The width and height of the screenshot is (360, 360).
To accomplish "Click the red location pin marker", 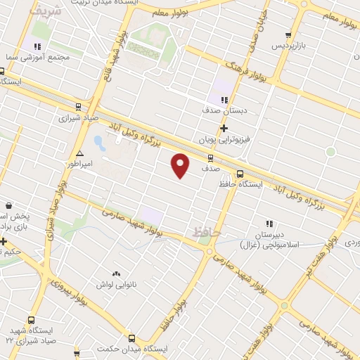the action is (x=181, y=165).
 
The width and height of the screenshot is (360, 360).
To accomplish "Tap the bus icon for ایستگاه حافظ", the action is (x=240, y=174).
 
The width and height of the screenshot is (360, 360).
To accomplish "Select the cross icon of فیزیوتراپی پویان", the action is (x=224, y=129).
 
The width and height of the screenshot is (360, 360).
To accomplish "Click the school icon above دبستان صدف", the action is (x=225, y=100).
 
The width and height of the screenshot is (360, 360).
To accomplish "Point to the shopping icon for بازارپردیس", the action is (x=288, y=35).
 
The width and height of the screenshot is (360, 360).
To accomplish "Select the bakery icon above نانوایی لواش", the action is (x=115, y=273).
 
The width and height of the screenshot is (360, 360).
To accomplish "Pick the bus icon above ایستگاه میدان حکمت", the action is (x=131, y=338).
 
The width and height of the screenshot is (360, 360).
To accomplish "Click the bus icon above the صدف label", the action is (x=210, y=157).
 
